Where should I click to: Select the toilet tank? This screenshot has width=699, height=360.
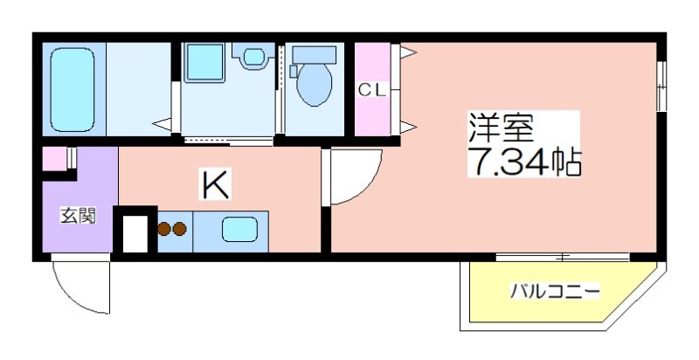[314, 55]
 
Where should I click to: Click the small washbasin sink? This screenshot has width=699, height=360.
[253, 56]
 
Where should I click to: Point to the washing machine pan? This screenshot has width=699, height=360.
[204, 62]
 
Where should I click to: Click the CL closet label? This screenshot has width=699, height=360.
[371, 91]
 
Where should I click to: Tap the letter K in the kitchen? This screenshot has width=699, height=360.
[216, 184]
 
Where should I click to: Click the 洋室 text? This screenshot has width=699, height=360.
[499, 128]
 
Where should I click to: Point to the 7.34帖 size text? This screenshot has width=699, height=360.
[524, 161]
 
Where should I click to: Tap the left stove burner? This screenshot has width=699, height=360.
[164, 229]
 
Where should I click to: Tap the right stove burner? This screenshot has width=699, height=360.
[179, 229]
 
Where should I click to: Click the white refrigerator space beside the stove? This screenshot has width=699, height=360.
[135, 233]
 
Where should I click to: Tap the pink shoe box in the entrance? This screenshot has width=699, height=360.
[54, 159]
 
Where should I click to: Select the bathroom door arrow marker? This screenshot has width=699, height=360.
[162, 123]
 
